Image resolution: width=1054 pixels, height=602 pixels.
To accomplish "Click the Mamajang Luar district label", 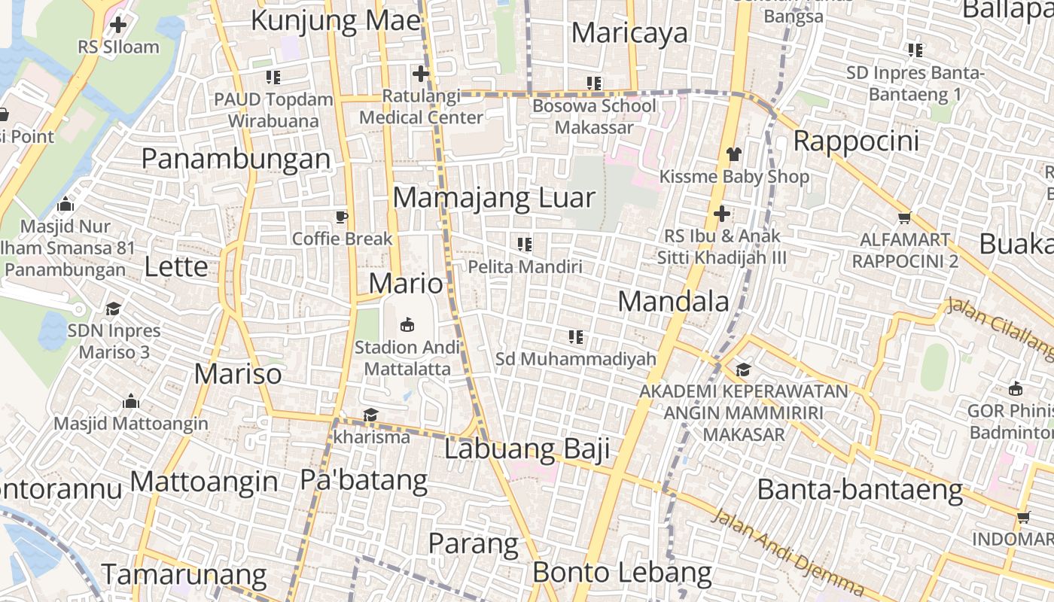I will click(494, 198).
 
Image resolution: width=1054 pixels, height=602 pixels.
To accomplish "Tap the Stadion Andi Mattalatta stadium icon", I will click(407, 324).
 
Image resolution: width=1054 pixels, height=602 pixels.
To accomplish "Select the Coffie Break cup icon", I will click(342, 217).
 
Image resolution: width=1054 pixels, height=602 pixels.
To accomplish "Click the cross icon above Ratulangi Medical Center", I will click(421, 74).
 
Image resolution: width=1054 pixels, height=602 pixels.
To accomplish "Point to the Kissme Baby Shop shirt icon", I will click(734, 154).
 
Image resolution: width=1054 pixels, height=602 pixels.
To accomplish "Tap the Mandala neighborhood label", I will click(673, 302).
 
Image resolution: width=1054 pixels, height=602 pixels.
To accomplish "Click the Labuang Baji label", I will click(526, 449).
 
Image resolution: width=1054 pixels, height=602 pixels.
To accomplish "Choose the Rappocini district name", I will click(856, 141).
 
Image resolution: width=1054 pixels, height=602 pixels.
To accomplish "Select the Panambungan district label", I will click(236, 159).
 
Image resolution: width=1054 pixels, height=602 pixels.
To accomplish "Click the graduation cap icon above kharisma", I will click(370, 415).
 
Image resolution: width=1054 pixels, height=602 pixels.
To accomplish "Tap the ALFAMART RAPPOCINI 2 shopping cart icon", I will click(904, 217).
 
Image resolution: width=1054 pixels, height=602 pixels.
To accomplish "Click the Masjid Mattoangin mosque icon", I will click(131, 400).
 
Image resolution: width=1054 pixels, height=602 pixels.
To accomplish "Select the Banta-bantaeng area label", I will click(860, 490).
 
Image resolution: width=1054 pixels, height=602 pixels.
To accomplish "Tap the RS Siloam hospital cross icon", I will click(118, 25).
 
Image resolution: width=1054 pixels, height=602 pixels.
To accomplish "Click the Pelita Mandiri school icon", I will click(525, 244).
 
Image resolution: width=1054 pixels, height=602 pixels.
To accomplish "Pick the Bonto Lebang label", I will click(622, 573).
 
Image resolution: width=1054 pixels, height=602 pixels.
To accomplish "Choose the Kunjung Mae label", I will click(335, 20).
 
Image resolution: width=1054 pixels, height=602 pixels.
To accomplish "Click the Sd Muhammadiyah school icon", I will click(576, 336).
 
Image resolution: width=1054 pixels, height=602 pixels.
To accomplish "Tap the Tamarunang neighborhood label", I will click(184, 575).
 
